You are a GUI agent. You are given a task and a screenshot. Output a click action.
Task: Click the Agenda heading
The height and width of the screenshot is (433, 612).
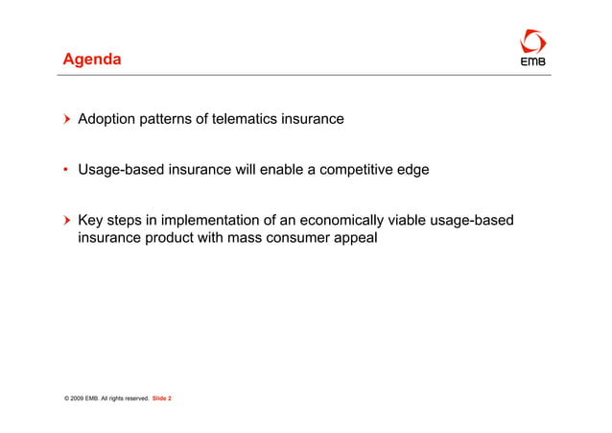92,60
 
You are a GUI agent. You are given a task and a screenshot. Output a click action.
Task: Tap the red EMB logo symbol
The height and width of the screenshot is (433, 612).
532,41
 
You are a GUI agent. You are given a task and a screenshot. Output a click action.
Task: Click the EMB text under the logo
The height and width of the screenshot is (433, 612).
532,63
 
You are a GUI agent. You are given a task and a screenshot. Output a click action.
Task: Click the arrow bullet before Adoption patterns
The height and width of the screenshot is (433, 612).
67,120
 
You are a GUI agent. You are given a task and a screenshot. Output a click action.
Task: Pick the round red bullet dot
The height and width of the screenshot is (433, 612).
67,171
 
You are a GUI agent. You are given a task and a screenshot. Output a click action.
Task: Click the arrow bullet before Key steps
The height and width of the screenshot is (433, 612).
67,222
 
